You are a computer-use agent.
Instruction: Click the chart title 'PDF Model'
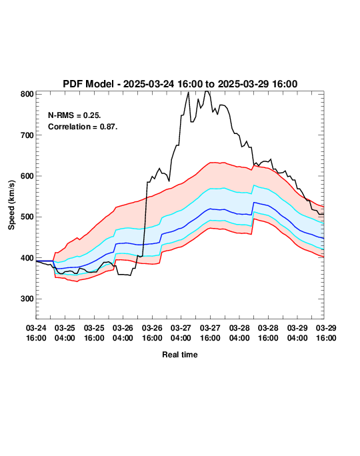click(88, 84)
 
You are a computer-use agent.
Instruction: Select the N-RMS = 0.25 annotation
click(75, 115)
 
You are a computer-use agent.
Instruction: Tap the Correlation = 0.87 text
click(83, 127)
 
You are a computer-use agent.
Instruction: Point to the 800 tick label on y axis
click(27, 94)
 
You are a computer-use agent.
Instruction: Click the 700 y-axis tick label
click(27, 135)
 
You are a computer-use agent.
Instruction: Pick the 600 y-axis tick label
click(27, 176)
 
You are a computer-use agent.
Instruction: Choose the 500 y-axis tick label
click(27, 217)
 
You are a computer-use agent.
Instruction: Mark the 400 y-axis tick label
click(27, 258)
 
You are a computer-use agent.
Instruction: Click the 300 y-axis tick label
click(27, 299)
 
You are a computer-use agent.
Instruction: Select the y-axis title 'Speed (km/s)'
click(11, 205)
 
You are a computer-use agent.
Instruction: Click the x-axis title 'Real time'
click(180, 355)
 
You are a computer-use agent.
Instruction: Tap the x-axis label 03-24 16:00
click(36, 333)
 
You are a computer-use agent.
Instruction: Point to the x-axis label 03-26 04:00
click(123, 333)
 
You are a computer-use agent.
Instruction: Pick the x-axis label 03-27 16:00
click(210, 333)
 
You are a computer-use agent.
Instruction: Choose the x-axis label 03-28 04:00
click(239, 333)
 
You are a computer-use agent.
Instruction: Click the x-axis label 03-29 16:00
click(326, 333)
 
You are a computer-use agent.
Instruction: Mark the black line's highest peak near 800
click(207, 91)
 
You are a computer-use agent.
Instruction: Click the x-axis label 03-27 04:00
click(181, 333)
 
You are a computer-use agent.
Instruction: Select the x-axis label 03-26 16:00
click(152, 333)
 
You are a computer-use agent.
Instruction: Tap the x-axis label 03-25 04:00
click(65, 333)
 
